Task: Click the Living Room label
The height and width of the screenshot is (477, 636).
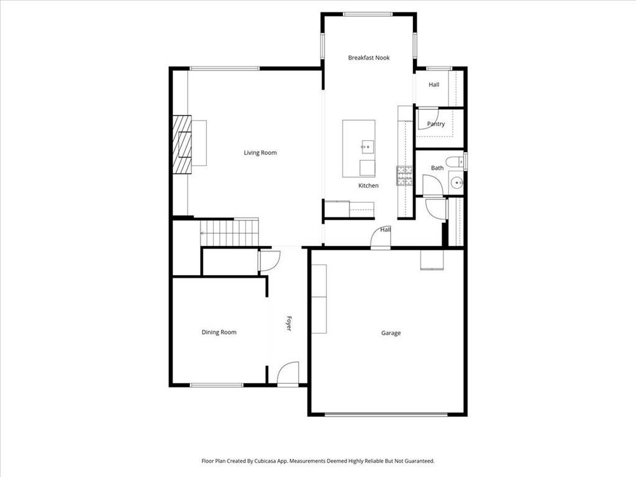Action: (x=260, y=153)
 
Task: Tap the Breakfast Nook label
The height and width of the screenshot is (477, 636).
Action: (x=369, y=58)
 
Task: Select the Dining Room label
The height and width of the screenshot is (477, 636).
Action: (x=219, y=332)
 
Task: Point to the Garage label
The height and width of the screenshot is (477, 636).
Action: (x=391, y=333)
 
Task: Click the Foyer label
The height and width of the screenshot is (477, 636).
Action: (x=289, y=323)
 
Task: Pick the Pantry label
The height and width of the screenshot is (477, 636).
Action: (x=436, y=124)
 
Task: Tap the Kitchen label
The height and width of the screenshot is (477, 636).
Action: (x=368, y=186)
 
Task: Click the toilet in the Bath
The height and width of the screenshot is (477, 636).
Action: (x=455, y=161)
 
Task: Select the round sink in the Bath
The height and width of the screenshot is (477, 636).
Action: (x=457, y=183)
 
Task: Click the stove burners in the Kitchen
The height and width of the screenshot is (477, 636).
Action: (x=404, y=176)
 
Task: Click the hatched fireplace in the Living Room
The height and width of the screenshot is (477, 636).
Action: (x=182, y=145)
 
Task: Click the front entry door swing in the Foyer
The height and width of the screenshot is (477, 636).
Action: (x=288, y=373)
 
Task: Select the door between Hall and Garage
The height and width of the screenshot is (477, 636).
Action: (x=381, y=237)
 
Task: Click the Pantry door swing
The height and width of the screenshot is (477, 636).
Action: (x=428, y=119)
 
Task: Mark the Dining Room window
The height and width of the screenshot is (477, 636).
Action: (x=217, y=385)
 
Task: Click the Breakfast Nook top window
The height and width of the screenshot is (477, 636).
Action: (x=368, y=15)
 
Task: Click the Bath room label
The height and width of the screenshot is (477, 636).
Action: (x=437, y=168)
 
